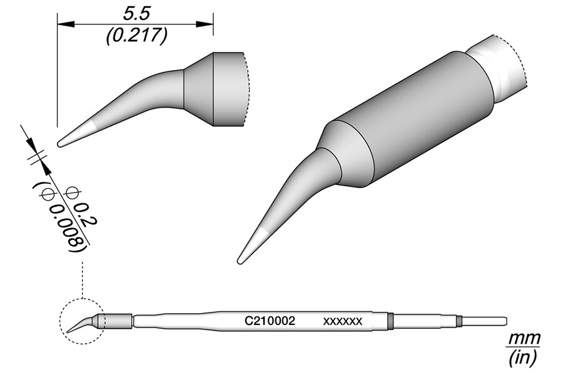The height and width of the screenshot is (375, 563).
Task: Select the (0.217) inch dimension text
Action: [136, 36]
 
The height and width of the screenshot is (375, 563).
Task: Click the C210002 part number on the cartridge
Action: [270, 321]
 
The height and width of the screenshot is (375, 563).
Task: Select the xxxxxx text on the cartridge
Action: [342, 321]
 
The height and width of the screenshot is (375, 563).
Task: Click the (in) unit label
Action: [524, 357]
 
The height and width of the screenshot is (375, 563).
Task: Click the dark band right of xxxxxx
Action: [389, 321]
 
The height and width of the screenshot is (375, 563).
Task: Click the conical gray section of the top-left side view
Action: [199, 87]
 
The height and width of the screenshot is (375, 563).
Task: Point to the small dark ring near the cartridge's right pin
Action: [459, 321]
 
